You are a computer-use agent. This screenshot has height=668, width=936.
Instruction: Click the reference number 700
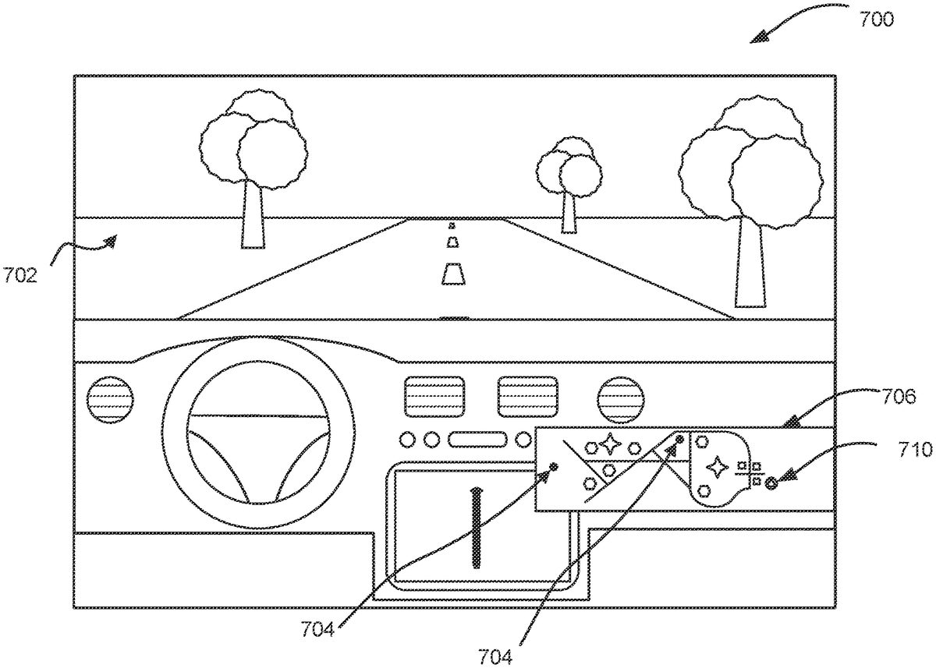(877, 19)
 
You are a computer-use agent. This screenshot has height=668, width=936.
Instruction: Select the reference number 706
(899, 397)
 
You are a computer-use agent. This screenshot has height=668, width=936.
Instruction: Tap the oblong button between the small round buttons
(473, 440)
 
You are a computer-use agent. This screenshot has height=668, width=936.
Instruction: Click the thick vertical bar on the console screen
(475, 526)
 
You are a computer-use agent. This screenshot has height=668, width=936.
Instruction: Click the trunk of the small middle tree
(569, 212)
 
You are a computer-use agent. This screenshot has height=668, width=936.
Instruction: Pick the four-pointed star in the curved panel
(714, 467)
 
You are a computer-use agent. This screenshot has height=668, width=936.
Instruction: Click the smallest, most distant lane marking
(452, 226)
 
